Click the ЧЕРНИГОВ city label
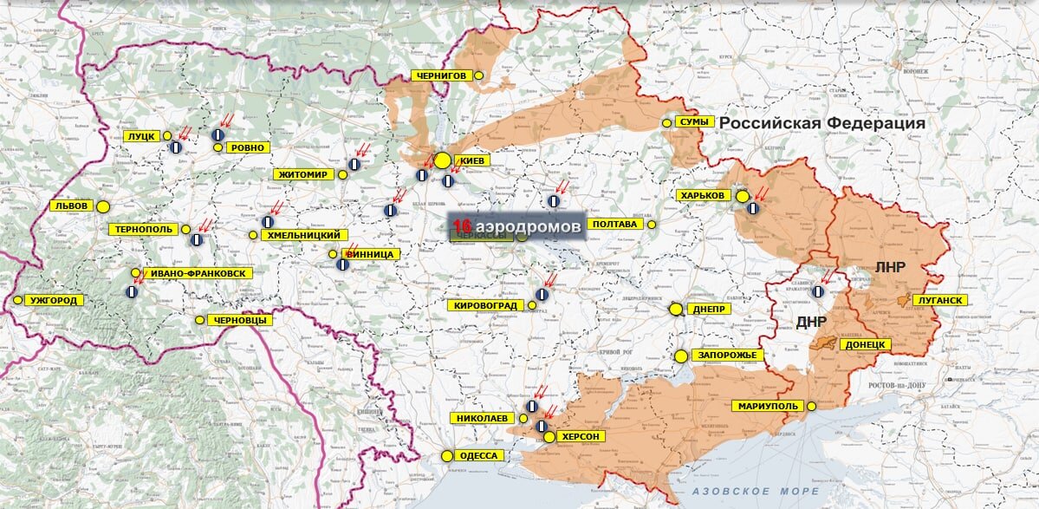click(x=442, y=76)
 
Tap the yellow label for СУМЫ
click(x=695, y=122)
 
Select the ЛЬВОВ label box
click(x=70, y=206)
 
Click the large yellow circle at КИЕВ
click(x=443, y=160)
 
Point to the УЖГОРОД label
click(x=54, y=300)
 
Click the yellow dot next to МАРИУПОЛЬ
click(x=812, y=406)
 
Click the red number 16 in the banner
click(x=461, y=225)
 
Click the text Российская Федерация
click(x=822, y=123)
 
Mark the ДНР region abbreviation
click(x=811, y=323)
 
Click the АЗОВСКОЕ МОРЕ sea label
click(x=744, y=492)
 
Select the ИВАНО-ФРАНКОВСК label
click(x=198, y=273)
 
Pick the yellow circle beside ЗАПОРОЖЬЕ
click(x=681, y=356)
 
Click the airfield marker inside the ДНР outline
click(x=818, y=292)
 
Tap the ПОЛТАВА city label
click(x=615, y=225)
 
